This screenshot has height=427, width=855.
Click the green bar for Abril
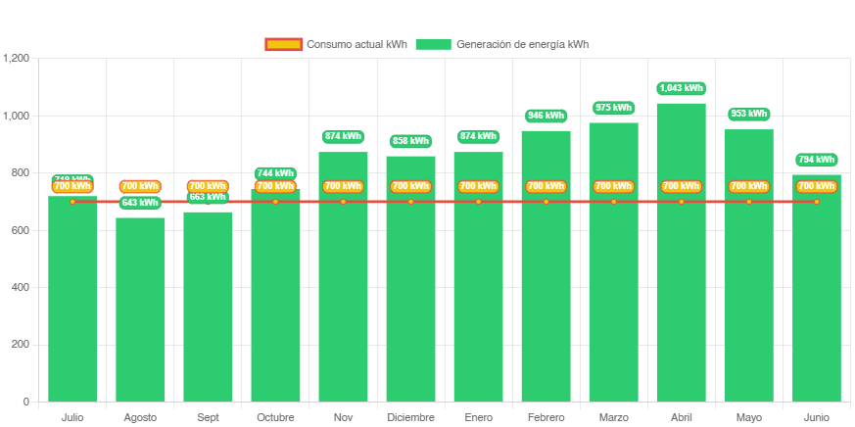click(x=681, y=294)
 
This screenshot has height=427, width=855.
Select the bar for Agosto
click(x=140, y=313)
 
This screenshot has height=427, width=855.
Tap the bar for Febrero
click(x=546, y=294)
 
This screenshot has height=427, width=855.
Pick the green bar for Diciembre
click(x=410, y=294)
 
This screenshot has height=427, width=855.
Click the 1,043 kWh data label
click(x=681, y=88)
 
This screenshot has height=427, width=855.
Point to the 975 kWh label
click(x=613, y=108)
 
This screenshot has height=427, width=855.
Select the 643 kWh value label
click(x=140, y=203)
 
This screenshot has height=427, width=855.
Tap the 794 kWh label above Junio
click(x=816, y=160)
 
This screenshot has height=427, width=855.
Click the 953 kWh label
click(x=748, y=114)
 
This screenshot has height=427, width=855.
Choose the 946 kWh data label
click(x=546, y=116)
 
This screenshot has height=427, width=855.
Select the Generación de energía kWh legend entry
click(x=501, y=44)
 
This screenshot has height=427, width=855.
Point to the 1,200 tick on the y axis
click(x=17, y=59)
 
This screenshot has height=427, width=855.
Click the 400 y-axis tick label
click(x=20, y=287)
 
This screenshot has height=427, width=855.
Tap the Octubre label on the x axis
click(x=275, y=418)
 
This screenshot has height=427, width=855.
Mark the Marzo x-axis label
click(x=613, y=418)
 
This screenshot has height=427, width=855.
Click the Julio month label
click(x=72, y=418)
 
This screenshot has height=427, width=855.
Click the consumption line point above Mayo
click(x=748, y=202)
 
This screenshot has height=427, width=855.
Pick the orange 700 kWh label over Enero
click(x=478, y=186)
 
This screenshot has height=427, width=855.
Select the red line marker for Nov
click(x=343, y=202)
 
